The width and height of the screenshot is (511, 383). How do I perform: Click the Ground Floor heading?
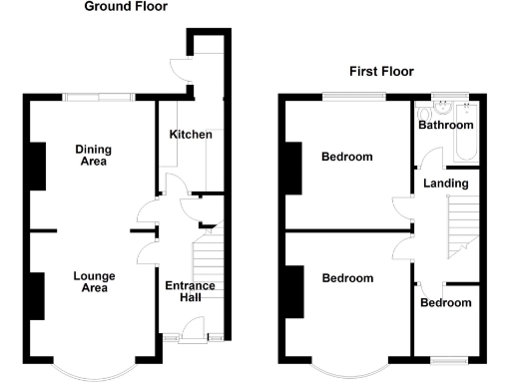point(126,7)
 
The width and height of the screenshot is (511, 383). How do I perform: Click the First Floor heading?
point(381,71)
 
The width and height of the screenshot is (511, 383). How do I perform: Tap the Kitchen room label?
point(190,135)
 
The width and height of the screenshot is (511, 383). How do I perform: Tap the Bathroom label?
point(445,126)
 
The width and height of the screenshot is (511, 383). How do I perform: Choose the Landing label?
point(443,184)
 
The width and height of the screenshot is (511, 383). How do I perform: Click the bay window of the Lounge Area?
point(91,370)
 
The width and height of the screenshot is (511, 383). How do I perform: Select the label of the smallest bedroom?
point(445,303)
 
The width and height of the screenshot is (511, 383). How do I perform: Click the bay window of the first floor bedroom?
point(346,370)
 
